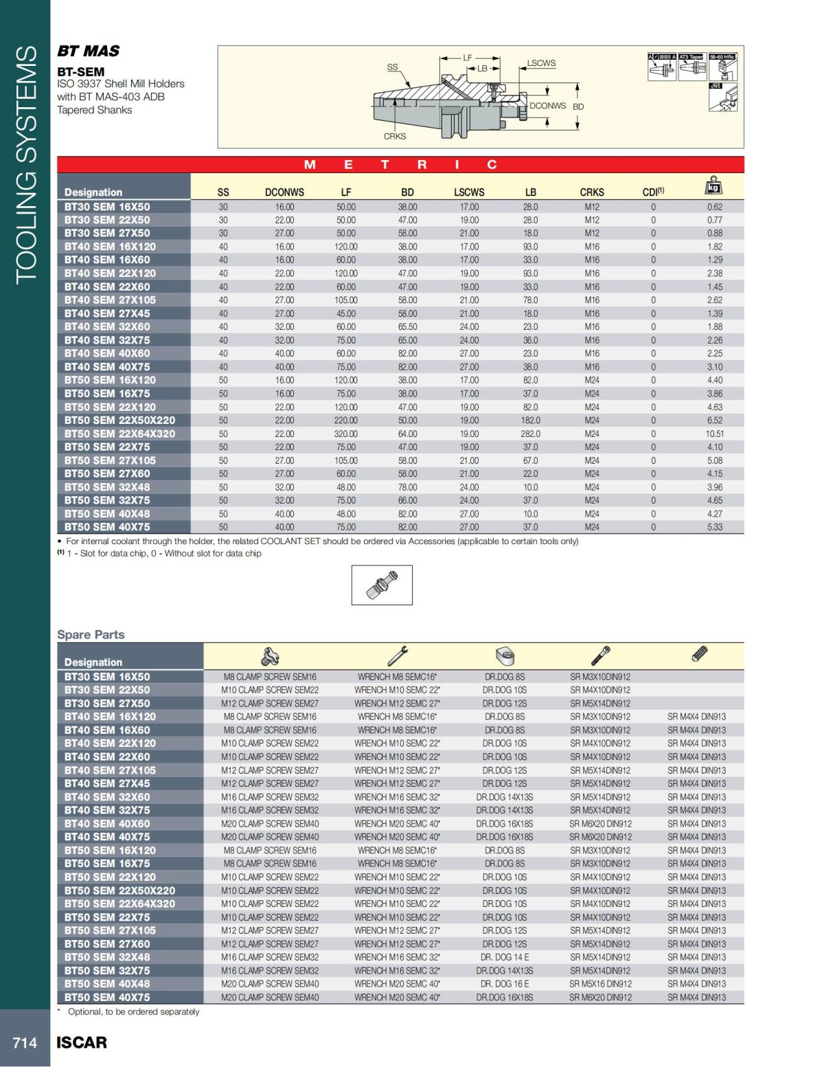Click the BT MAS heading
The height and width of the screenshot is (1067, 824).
point(88,52)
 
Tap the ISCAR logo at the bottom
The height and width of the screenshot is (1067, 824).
point(82,1042)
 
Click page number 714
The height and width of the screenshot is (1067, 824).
point(25,1042)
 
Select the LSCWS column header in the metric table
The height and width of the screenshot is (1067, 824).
point(469,192)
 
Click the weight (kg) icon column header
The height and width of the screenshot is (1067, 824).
point(714,187)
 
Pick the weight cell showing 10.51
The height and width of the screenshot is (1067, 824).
point(714,434)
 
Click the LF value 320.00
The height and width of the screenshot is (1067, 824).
point(346,434)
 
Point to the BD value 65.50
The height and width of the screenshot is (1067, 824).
point(407,326)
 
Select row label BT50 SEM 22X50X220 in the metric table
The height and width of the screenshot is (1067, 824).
point(119,420)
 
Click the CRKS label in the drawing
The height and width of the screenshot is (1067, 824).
point(395,136)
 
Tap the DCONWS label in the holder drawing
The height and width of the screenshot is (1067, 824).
point(547,106)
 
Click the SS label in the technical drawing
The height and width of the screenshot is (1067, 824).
point(392,67)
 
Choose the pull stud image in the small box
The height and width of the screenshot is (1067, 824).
point(382,585)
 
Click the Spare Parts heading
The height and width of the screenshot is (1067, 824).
point(91,635)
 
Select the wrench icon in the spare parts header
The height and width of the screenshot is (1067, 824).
point(397,656)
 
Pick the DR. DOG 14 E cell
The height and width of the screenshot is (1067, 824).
point(504,957)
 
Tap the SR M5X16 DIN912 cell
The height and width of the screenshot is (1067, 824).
point(600,984)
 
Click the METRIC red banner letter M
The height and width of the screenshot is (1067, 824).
point(310,165)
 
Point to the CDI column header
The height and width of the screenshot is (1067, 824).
point(652,192)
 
